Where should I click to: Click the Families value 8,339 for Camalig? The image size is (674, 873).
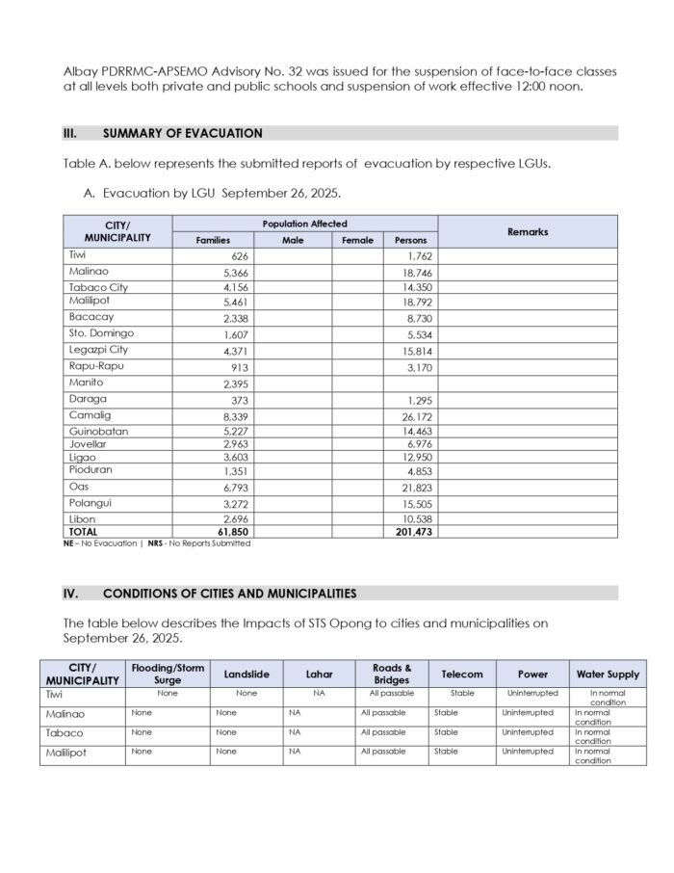[x=236, y=416]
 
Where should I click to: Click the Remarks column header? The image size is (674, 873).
[x=528, y=231]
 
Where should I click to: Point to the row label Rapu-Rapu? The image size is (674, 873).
[x=96, y=366]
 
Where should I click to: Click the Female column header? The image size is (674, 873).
[x=357, y=240]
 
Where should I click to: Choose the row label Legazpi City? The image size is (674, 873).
[x=98, y=350]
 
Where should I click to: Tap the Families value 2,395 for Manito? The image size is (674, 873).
[x=236, y=384]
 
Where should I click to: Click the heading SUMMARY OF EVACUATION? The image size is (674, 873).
[x=182, y=134]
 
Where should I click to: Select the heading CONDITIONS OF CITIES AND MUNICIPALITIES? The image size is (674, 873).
[x=229, y=594]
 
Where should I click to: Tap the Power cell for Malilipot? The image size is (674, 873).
[x=528, y=752]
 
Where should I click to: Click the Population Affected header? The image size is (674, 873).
[x=304, y=224]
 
